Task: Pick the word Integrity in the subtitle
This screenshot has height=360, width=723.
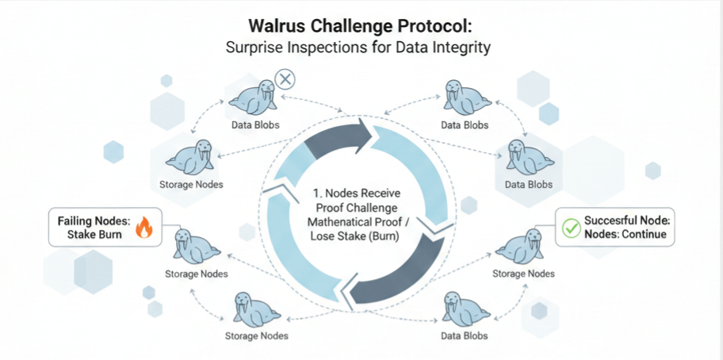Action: pos(461,48)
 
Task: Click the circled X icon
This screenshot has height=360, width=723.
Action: pos(284,79)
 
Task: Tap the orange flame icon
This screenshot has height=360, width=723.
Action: pos(143,228)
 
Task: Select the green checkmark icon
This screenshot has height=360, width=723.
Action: pos(570,228)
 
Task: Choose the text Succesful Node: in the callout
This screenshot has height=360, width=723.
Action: pos(627,221)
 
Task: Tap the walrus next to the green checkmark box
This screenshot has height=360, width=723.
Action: pos(520,247)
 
